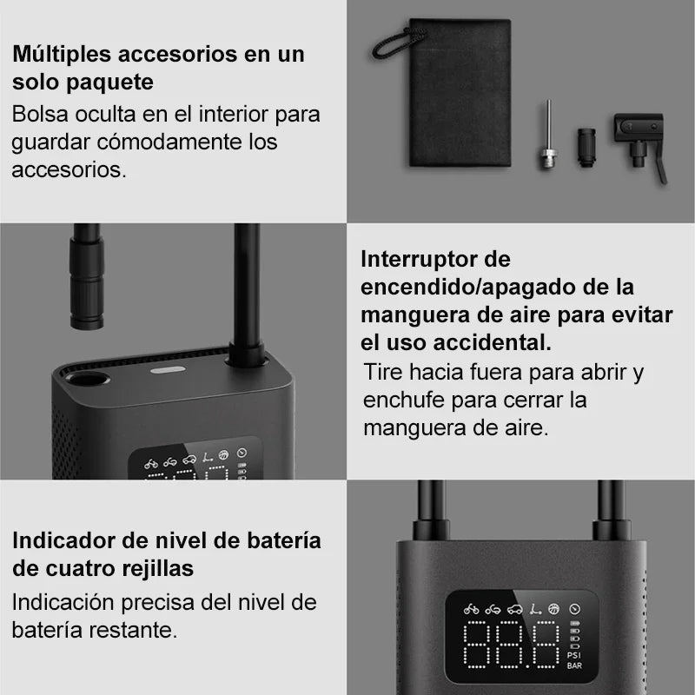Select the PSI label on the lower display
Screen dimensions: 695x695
click(x=574, y=654)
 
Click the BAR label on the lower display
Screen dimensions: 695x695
click(x=574, y=666)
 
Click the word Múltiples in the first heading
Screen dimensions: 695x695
click(x=62, y=54)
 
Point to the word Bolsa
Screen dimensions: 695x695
click(x=39, y=114)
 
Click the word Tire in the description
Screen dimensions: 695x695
click(x=382, y=373)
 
